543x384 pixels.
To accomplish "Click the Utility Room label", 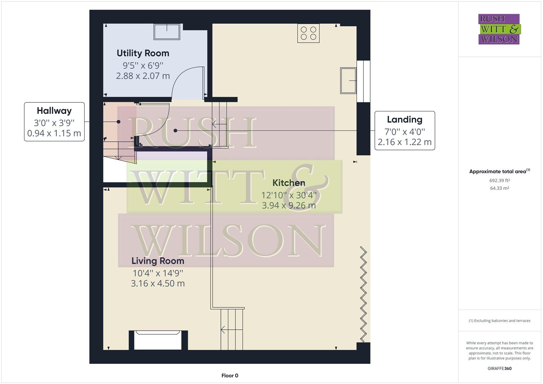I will [x=143, y=53].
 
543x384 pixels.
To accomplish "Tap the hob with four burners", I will [x=308, y=33].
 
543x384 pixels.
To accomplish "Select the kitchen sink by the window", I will [x=348, y=80].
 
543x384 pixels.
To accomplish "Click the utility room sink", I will [x=167, y=32].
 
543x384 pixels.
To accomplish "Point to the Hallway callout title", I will [x=54, y=111].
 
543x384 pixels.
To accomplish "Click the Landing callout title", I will [x=405, y=119].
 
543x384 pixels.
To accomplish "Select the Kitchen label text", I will [x=289, y=183].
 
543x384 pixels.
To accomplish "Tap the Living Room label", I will [x=158, y=261].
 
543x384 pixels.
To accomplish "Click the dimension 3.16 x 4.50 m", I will [x=158, y=283].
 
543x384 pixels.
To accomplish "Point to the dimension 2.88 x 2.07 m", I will [x=143, y=76].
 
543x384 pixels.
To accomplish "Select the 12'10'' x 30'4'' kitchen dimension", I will [x=289, y=195].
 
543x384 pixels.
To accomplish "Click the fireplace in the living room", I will [x=158, y=340].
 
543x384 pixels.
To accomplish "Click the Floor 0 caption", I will [x=230, y=375].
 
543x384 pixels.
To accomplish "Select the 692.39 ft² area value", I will [x=500, y=181].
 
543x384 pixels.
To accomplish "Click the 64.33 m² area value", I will [x=500, y=188].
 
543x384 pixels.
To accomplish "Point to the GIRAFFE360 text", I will [x=499, y=368].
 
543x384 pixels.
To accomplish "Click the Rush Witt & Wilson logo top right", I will [x=499, y=29].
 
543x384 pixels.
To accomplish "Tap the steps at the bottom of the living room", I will [x=232, y=330].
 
